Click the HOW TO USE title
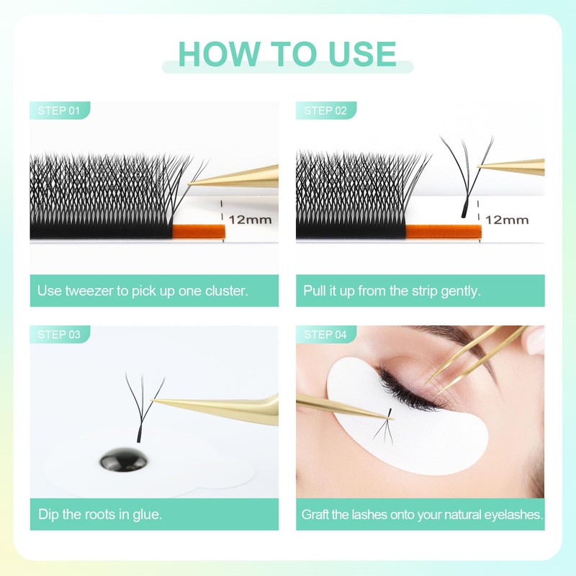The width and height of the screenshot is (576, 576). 287,54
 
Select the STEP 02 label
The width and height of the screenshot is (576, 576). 325,111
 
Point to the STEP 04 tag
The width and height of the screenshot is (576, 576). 325,334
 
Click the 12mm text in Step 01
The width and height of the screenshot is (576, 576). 250,220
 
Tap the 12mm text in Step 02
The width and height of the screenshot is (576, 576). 507,220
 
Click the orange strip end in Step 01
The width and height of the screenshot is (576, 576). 199,231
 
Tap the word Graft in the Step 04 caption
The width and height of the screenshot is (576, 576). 317,515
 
